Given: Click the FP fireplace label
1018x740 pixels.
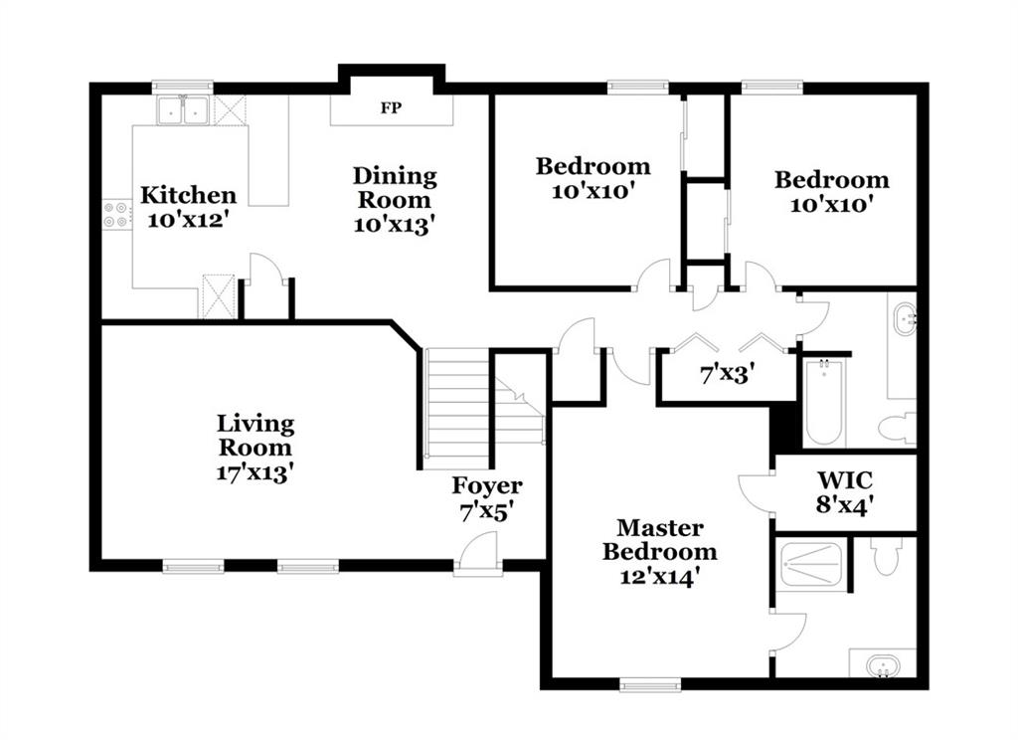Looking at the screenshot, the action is (391, 107).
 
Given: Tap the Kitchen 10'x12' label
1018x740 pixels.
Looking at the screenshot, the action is (188, 207).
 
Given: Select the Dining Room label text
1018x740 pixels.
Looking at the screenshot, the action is (395, 188).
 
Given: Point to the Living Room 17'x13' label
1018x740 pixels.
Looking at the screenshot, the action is (255, 448).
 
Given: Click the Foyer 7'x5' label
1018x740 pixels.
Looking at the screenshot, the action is (487, 498).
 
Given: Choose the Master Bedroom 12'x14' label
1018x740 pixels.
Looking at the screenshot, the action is (660, 552).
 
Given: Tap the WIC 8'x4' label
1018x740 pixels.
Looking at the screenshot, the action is (845, 491).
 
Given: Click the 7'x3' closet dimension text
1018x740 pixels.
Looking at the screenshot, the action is (727, 374).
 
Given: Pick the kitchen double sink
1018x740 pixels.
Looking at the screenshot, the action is (183, 109).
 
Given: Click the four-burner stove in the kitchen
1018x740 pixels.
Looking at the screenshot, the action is (116, 215).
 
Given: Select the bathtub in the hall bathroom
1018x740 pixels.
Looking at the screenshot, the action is (824, 404).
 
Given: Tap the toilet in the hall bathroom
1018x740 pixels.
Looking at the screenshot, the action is (898, 427).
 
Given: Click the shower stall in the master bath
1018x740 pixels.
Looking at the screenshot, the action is (811, 564).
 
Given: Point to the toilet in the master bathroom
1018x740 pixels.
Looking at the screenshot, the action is (886, 555).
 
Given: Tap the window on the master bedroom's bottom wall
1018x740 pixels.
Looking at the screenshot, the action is (650, 684).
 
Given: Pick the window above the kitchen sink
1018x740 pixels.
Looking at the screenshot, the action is (183, 87).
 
